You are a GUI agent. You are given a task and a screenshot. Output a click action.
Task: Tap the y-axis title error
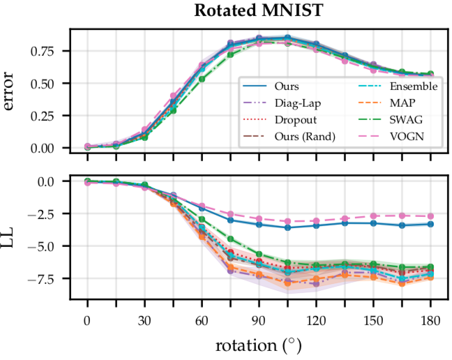coord(14,91)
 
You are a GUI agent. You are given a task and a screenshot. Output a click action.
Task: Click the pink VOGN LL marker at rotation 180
coord(430,216)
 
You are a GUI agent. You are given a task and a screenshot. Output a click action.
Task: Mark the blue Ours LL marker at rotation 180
coord(430,224)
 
